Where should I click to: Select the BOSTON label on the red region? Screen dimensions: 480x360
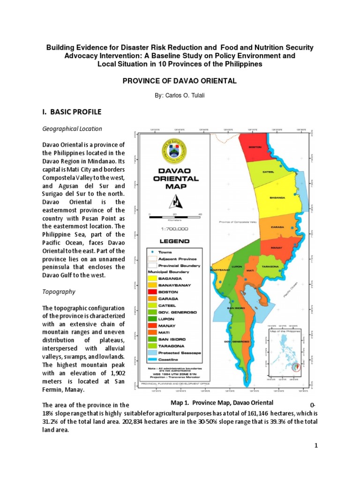coord(255,147)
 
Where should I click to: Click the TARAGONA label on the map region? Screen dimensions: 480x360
coord(270,266)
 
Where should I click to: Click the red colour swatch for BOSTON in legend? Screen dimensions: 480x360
coord(154,292)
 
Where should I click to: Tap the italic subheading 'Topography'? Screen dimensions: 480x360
coord(59,292)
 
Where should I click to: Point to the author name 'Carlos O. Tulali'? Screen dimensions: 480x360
coord(180,95)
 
